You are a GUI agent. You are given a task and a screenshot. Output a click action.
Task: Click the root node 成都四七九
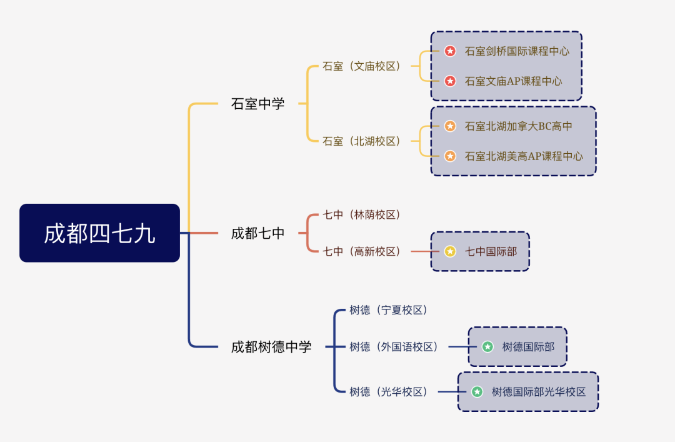coord(99,233)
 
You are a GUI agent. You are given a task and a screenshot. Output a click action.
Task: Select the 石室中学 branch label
coord(257,104)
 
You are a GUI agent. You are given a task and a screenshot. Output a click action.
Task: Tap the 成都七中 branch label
coord(257,233)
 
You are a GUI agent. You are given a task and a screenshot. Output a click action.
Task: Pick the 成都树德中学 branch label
coord(271,347)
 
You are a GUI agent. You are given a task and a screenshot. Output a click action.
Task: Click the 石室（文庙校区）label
coord(362,66)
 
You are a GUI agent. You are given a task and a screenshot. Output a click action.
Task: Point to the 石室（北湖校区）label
coord(362,141)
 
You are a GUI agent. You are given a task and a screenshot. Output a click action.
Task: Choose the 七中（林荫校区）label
coord(362,214)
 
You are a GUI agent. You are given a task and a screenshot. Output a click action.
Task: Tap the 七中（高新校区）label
coord(362,251)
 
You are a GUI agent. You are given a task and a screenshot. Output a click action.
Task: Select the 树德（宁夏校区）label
coord(388,310)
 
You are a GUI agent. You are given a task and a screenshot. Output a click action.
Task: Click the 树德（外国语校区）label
coord(394,347)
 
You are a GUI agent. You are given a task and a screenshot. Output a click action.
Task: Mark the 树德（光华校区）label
coord(388,392)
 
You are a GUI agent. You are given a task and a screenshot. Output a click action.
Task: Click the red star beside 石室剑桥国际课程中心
coord(450,51)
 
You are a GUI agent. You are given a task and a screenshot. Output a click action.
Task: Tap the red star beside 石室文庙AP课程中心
coord(450,81)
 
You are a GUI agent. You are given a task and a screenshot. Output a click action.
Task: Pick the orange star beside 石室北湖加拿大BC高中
coord(450,126)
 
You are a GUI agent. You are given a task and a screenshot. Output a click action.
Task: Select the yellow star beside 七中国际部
coord(450,251)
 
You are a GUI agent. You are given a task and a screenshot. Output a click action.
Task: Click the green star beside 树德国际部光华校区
coord(477,392)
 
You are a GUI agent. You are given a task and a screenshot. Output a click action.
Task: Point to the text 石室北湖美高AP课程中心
coord(524,156)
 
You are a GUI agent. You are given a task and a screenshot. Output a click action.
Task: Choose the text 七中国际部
coord(491,251)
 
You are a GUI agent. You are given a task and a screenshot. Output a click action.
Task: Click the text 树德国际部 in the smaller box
coord(528,347)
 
